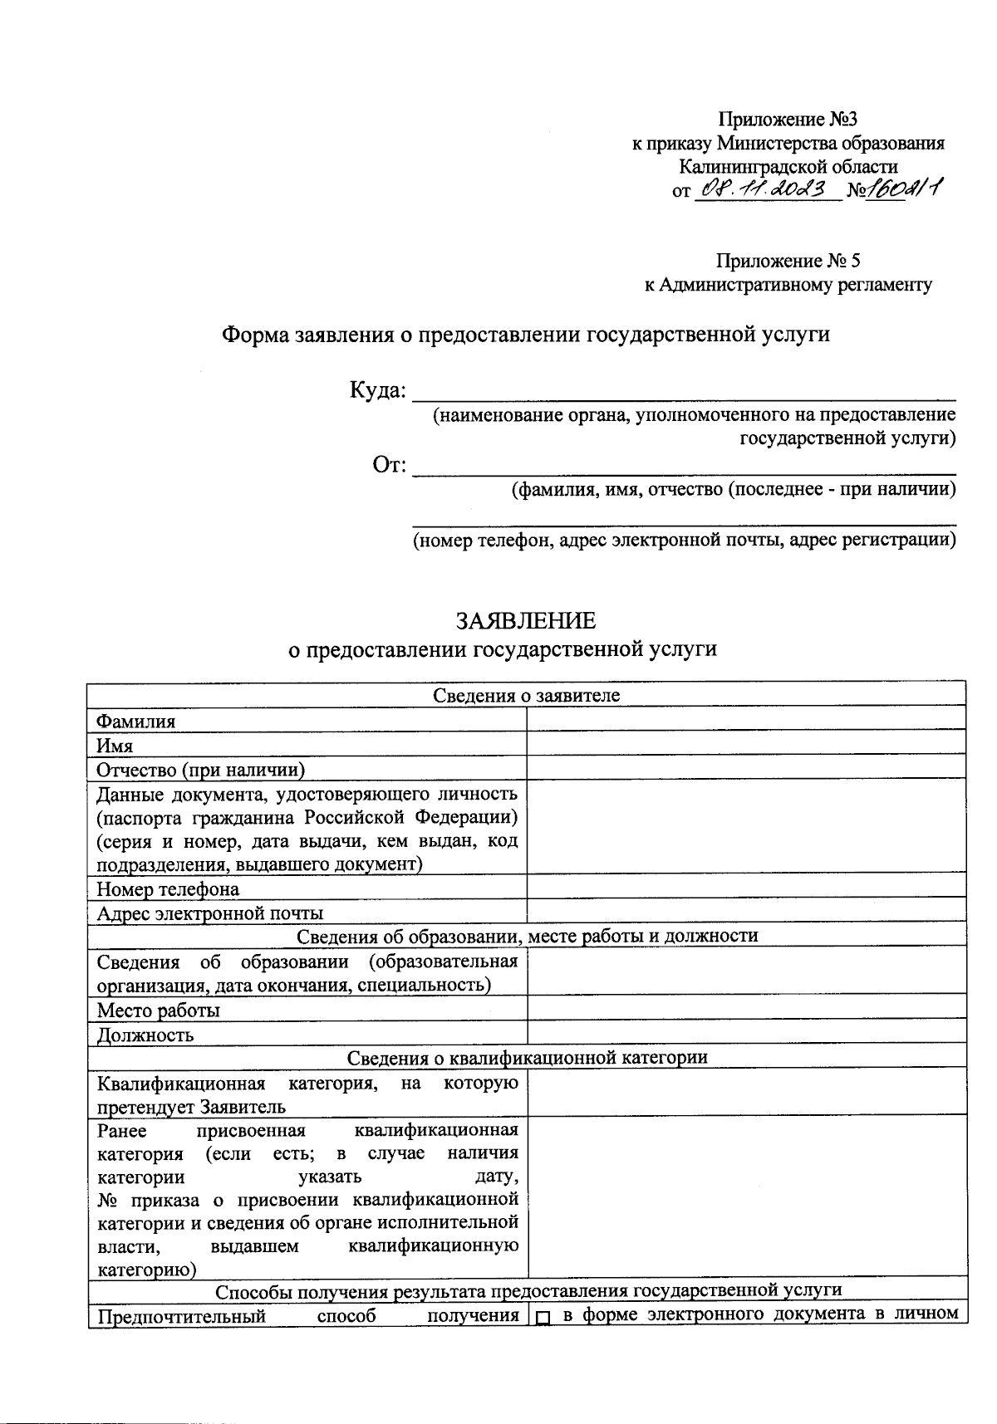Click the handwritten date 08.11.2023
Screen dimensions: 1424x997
tap(765, 190)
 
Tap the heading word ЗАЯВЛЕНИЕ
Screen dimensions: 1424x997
tap(525, 621)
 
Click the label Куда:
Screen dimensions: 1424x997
tap(378, 390)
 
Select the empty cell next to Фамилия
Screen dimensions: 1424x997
tap(746, 719)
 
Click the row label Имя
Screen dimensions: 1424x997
tap(115, 745)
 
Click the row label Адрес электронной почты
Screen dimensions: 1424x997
tap(209, 913)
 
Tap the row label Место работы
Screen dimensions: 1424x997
tap(159, 1010)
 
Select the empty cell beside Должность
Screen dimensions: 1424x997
tap(746, 1032)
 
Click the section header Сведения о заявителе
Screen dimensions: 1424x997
tap(527, 695)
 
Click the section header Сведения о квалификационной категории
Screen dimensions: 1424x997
tap(527, 1057)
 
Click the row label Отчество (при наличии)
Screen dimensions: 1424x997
tap(201, 769)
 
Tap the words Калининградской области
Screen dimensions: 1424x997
tap(788, 166)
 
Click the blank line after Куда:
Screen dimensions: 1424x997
tap(684, 392)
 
